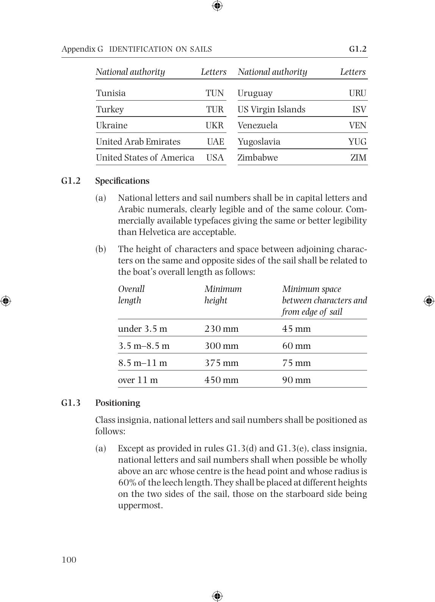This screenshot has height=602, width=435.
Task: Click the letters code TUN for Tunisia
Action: coord(215,93)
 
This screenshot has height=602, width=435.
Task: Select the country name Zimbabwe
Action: coord(258,158)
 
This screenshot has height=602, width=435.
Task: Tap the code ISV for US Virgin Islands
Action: coord(359,110)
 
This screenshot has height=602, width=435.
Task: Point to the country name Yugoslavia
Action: coord(259,142)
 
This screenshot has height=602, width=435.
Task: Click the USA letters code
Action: coord(215,158)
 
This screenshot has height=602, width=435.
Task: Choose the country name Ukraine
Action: coord(111,126)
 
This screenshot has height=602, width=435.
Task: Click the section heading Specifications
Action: coord(122,181)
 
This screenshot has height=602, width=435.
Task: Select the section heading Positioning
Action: coord(118,403)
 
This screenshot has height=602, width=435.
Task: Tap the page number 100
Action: coord(69,560)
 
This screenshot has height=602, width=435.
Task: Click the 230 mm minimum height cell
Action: coord(221,329)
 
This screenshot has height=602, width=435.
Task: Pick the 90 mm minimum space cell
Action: coord(296,380)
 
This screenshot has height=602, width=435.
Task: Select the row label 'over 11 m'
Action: coord(138,380)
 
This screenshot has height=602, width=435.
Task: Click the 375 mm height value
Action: coord(221,363)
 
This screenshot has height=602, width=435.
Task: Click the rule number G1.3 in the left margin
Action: coord(71,403)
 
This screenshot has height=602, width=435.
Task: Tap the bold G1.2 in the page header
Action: coord(358,49)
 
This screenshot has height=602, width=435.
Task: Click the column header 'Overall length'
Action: coord(131,295)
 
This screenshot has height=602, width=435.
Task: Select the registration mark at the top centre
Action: coord(217,6)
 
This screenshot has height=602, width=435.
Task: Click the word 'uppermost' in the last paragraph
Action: coord(140,506)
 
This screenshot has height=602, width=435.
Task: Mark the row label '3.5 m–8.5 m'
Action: coord(144,346)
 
